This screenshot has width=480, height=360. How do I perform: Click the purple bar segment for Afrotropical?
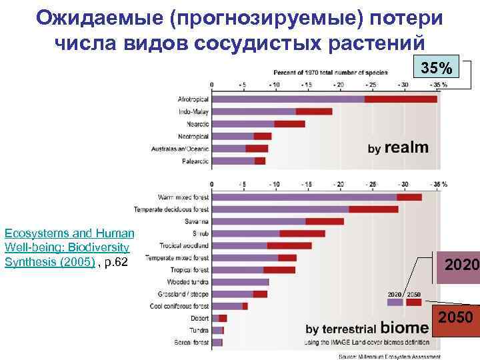(288, 99)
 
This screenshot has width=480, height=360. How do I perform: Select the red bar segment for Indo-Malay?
(314, 111)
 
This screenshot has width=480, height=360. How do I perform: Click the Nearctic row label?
(193, 124)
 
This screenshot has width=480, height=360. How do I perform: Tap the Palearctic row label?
(195, 161)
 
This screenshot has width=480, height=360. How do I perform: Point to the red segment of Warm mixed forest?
(409, 197)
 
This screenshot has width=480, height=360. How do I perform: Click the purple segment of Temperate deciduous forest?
(280, 209)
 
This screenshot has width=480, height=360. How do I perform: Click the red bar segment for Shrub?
(303, 233)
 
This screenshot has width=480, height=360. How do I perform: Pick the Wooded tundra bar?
(240, 282)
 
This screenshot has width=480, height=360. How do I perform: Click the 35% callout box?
(436, 68)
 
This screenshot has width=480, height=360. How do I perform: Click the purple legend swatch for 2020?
(395, 302)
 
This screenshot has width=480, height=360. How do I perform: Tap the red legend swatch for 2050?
(413, 302)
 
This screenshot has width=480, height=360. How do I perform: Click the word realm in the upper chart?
(406, 148)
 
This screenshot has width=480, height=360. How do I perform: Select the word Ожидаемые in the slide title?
(99, 17)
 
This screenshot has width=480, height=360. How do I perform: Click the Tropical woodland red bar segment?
(289, 245)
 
